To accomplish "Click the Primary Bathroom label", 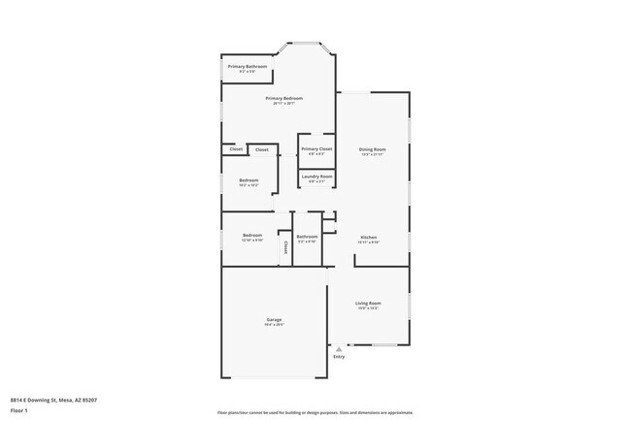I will [x=248, y=66].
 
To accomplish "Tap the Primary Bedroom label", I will [x=285, y=98].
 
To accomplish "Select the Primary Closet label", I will [x=316, y=148].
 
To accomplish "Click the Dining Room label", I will [x=373, y=148].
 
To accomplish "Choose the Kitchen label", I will [x=369, y=237].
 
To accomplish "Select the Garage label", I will [x=274, y=319].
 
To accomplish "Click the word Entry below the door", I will [x=339, y=357].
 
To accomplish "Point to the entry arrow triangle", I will [x=339, y=349].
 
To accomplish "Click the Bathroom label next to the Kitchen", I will [x=308, y=236].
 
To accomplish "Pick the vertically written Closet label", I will [x=286, y=247].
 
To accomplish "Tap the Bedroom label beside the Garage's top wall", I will [x=252, y=236].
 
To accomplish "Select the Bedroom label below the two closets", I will [x=249, y=179].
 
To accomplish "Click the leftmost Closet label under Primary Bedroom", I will [x=236, y=149].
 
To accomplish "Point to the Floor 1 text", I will [x=19, y=409].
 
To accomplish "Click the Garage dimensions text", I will [x=274, y=325].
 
